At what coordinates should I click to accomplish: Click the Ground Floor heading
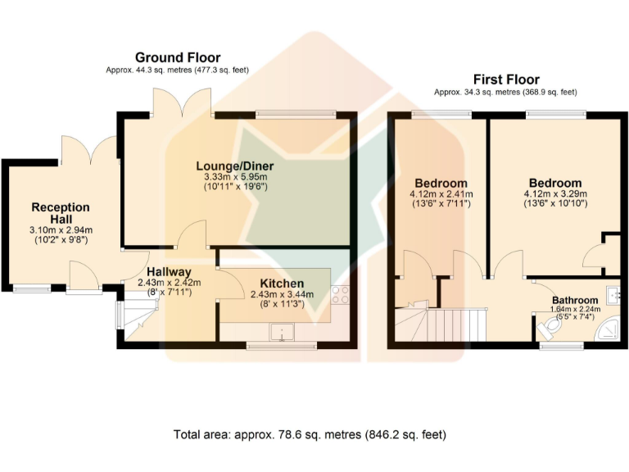pos(178,57)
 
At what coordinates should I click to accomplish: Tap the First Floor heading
pos(506,79)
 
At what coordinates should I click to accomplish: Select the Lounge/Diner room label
pos(235,166)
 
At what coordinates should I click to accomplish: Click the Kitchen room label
pos(282,284)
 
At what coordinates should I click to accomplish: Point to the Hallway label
pos(169,272)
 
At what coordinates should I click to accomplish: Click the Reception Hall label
pos(61,213)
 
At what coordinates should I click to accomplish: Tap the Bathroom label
pos(575,300)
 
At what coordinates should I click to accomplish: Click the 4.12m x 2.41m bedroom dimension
pos(441,194)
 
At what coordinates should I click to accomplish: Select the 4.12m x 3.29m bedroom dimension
pos(555,194)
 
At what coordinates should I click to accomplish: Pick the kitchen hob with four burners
pos(340,295)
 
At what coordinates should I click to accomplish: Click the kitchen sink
pos(282,332)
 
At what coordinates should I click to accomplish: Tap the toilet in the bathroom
pos(549,327)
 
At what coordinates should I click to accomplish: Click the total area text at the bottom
pos(310,434)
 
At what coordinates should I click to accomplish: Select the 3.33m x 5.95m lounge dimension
pos(236,177)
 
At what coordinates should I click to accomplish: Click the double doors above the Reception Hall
pos(90,150)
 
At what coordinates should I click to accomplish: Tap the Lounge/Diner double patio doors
pos(181,102)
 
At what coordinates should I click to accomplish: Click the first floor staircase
pos(441,324)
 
